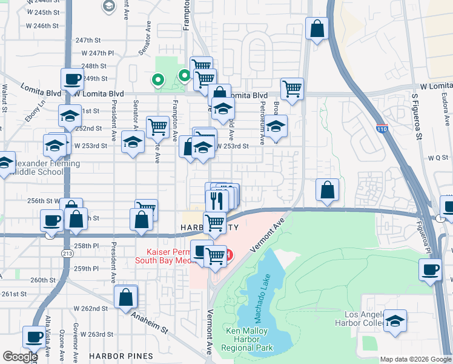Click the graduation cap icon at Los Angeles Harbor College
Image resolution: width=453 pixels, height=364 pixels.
click(x=395, y=320)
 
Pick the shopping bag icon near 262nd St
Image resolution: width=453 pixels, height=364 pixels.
click(x=125, y=298)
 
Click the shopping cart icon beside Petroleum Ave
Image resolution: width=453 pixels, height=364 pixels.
click(x=293, y=89)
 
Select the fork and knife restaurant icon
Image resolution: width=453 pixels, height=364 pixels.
click(x=217, y=199)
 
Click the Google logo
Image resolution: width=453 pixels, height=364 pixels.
click(x=20, y=357)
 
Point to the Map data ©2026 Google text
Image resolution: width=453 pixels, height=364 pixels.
click(x=415, y=359)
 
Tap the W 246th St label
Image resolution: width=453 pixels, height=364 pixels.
click(x=42, y=26)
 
